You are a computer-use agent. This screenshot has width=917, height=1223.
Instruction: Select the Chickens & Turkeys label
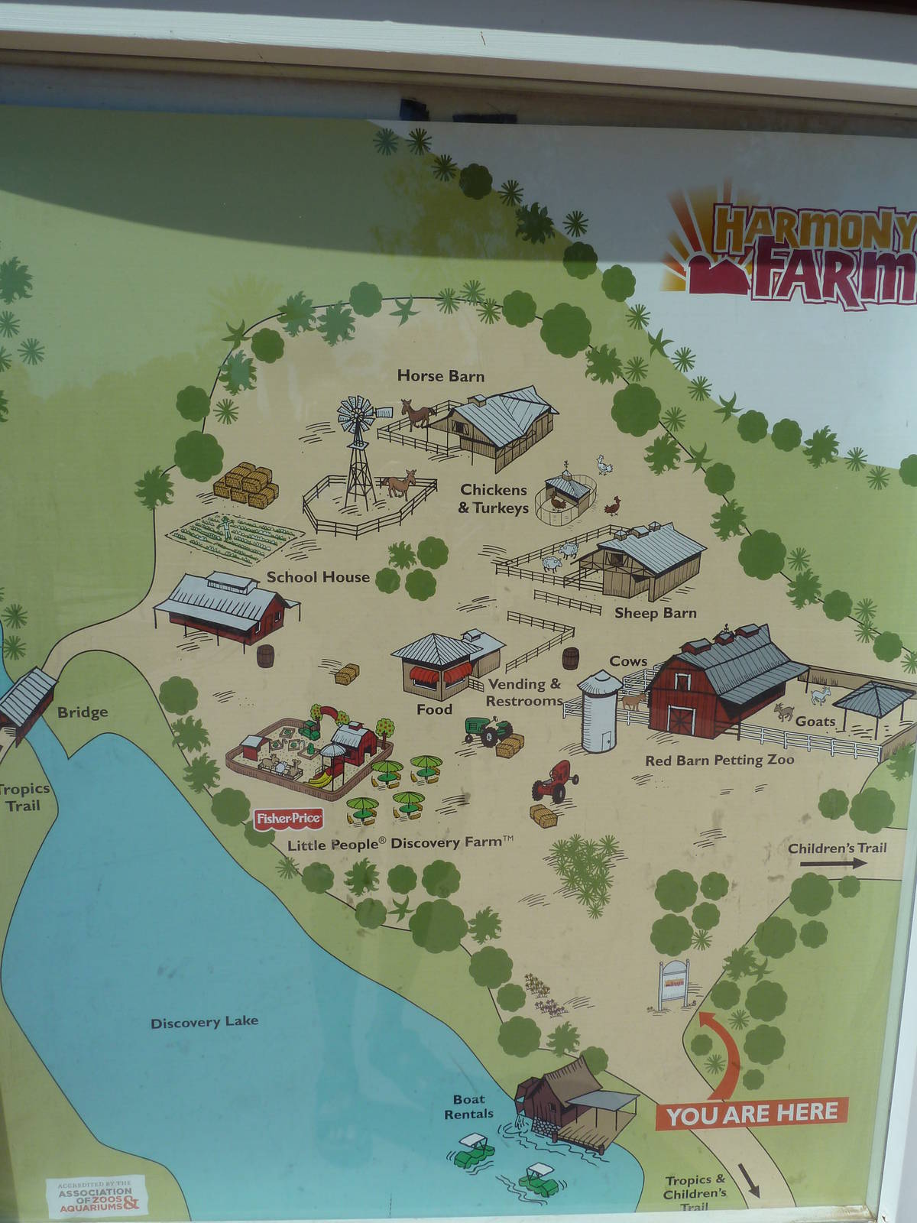(493, 498)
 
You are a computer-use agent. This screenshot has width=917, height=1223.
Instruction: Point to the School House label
(317, 577)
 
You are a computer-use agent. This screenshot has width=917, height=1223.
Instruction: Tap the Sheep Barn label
(656, 612)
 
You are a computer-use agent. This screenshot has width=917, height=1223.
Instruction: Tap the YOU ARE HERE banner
(752, 1112)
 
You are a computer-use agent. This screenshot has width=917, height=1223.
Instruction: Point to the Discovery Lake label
(204, 1022)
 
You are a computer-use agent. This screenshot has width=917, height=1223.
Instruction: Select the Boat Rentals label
(468, 1107)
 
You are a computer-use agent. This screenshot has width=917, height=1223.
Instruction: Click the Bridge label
(83, 712)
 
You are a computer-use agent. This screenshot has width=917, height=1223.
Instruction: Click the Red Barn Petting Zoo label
(719, 761)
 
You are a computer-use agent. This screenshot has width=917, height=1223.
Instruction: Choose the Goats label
(815, 721)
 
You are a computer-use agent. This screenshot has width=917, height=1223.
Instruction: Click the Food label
(434, 709)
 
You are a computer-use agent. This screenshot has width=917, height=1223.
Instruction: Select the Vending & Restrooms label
(524, 693)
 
